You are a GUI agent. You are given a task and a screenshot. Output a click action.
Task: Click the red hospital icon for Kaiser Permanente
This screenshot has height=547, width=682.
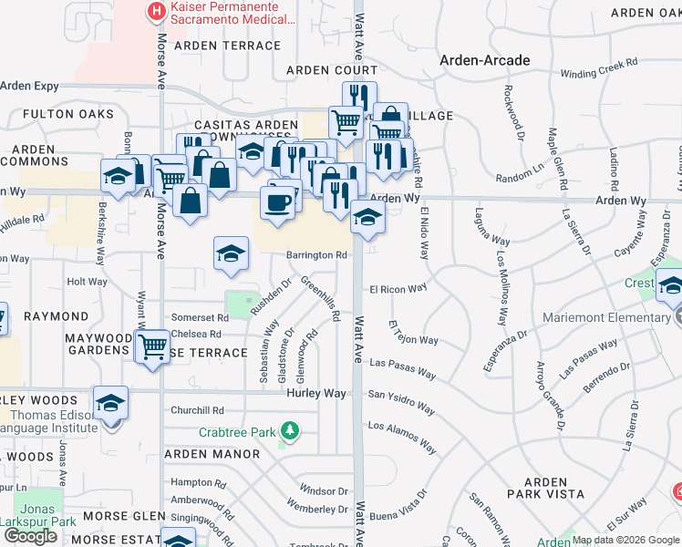point(156,12)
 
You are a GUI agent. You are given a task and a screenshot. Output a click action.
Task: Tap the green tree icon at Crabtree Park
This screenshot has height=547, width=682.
point(289,429)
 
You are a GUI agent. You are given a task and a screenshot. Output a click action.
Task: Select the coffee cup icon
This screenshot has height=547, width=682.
point(278,201)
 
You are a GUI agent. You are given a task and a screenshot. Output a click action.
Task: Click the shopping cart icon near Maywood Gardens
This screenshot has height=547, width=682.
point(152,347)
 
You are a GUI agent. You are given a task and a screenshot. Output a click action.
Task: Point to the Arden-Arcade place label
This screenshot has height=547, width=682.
point(484,60)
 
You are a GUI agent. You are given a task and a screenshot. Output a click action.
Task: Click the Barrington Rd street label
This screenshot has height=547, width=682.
point(317,256)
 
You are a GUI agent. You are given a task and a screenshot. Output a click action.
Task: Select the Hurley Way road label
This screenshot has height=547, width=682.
point(316,393)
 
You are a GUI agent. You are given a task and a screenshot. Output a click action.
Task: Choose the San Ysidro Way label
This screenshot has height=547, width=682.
point(400,397)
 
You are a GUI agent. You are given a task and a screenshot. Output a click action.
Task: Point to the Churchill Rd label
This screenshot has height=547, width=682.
point(196,410)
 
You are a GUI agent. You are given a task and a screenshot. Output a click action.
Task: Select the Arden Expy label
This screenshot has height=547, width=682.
point(29,87)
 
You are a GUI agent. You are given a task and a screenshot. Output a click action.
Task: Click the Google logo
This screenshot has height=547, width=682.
point(30,536)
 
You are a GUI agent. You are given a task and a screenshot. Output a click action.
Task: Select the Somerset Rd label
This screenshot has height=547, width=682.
point(197,317)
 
